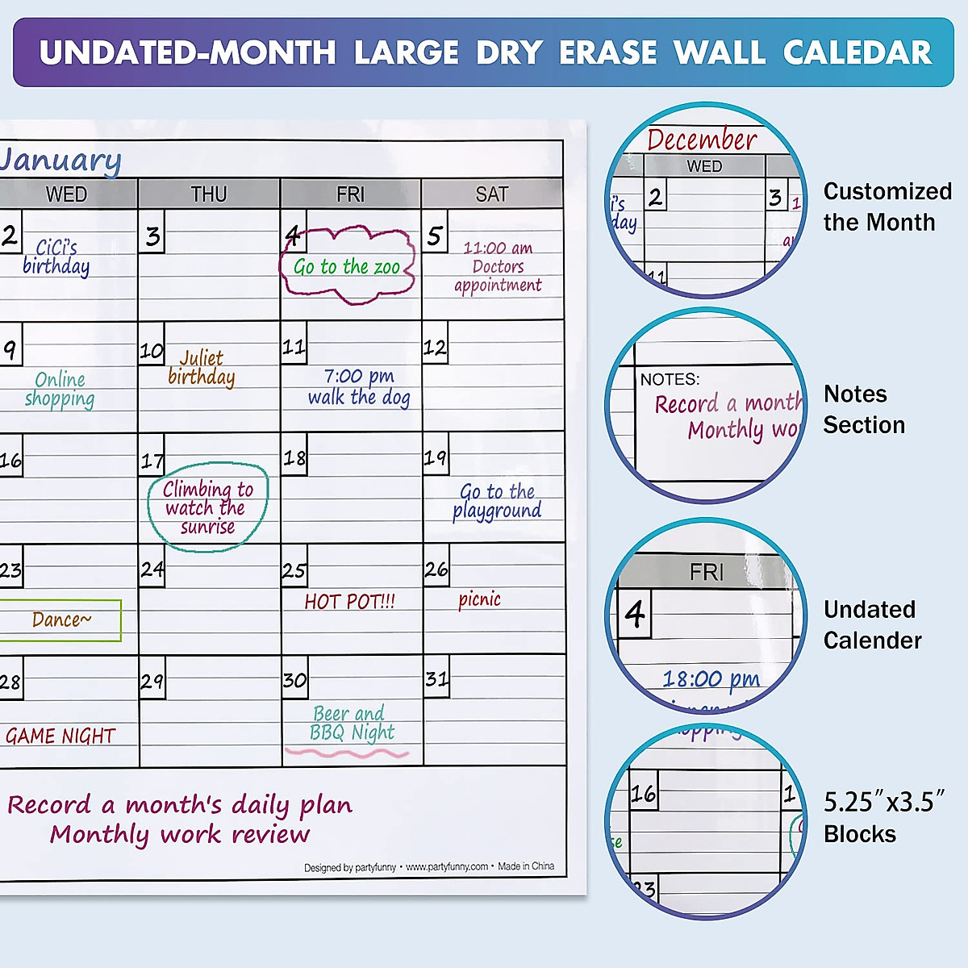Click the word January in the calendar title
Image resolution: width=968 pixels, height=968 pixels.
(60, 160)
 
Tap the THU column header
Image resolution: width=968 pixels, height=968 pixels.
(209, 194)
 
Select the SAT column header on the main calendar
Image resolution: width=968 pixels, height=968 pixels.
(492, 194)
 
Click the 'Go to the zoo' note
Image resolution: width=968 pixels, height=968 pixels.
(347, 267)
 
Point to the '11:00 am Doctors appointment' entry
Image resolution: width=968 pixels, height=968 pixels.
(498, 266)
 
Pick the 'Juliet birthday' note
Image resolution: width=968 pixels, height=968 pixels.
(202, 368)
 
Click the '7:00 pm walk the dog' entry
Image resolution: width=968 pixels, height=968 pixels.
(359, 386)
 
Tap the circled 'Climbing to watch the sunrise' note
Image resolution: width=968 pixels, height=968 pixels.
(207, 507)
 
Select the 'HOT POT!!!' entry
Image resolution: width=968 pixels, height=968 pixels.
(349, 602)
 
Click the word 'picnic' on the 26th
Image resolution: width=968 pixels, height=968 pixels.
(479, 599)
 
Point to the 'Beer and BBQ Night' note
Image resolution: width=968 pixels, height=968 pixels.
(352, 723)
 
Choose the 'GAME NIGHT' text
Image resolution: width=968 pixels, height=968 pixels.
(60, 736)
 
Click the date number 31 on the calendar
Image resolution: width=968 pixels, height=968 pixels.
(436, 679)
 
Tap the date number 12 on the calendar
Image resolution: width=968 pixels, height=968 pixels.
(435, 348)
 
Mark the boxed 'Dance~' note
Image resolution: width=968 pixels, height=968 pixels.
(61, 620)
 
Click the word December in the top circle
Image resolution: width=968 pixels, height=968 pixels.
(702, 140)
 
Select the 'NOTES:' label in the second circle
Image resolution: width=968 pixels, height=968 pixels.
(670, 379)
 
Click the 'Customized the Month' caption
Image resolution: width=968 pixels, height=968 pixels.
(887, 207)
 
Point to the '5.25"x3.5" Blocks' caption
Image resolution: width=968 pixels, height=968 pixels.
(883, 817)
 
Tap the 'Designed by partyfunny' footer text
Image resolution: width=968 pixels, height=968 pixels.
(350, 867)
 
